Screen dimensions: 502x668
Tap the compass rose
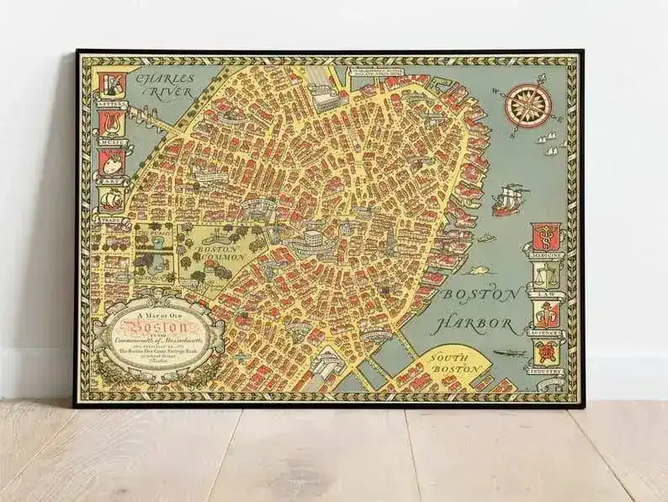click(525, 105)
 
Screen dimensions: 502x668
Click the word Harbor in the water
click(483, 323)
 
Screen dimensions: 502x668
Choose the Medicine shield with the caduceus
click(543, 238)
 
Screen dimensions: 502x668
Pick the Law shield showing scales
click(544, 275)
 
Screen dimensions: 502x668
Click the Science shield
click(544, 313)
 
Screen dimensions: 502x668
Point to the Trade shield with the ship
click(111, 198)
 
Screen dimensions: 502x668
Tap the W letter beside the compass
click(497, 93)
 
